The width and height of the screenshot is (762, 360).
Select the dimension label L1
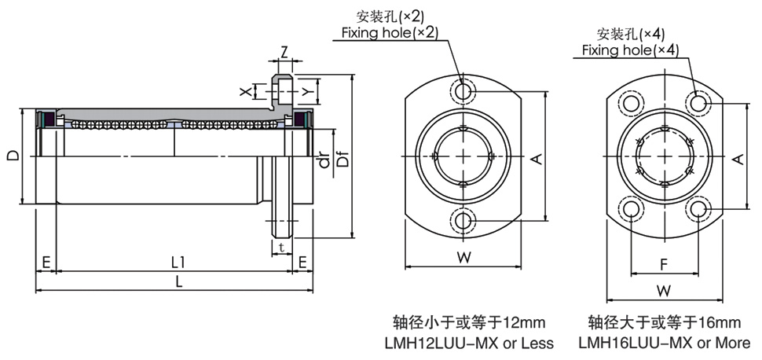tap(178, 262)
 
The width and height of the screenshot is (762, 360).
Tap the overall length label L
tap(179, 283)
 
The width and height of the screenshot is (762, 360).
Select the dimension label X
tap(247, 92)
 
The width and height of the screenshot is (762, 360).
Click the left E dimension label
tap(46, 262)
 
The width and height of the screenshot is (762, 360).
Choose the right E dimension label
tap(302, 262)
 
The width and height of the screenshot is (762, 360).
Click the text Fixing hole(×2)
tap(389, 32)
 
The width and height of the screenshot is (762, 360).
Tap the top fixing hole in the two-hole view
tap(464, 91)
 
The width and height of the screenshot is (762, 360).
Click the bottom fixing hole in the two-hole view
tap(464, 221)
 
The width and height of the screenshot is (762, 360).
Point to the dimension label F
tap(664, 263)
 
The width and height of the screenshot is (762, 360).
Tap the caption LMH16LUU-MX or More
tap(664, 343)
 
